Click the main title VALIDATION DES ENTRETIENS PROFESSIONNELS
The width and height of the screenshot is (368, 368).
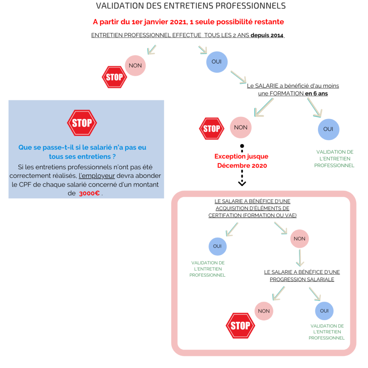pos(191,6)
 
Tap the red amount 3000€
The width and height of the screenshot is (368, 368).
pos(89,193)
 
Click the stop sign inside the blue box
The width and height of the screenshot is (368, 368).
pos(82,123)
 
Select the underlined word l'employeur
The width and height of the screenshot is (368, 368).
pos(97,176)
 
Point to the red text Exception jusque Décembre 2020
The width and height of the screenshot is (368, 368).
pos(241,161)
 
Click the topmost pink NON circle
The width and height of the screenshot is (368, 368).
pos(135,65)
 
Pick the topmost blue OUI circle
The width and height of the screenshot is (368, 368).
pos(217,62)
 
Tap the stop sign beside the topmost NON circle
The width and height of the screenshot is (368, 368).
pos(114,77)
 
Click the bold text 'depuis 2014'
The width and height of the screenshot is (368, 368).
pos(267,36)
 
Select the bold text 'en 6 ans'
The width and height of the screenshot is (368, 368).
pos(316,93)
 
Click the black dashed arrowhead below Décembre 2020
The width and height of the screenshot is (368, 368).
pos(242,183)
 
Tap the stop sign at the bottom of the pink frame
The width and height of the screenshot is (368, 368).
pos(240,326)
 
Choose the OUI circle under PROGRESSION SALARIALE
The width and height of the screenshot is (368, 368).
pos(325,311)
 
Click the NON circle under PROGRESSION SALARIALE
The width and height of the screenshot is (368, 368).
pos(264,311)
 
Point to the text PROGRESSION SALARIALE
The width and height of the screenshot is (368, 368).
pos(302,279)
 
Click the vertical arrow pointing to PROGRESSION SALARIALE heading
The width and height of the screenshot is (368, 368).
pos(300,258)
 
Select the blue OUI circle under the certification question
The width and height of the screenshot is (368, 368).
pos(217,247)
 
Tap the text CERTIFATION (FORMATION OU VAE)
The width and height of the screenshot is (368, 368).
pos(253,215)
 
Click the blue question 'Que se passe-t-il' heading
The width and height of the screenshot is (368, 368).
pos(82,152)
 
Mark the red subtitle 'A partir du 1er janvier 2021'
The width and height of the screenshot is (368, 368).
pos(188,22)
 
